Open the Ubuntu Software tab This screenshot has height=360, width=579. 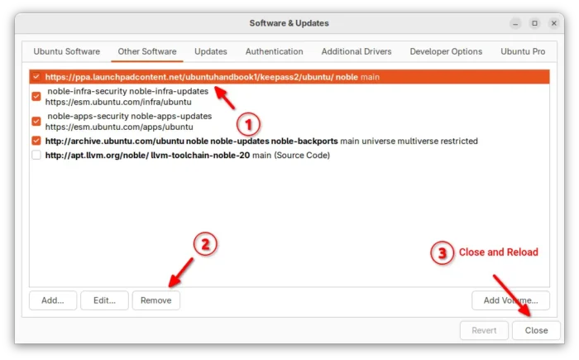pyautogui.click(x=66, y=51)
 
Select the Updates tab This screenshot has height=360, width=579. pyautogui.click(x=210, y=51)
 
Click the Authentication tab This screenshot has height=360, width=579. pyautogui.click(x=274, y=51)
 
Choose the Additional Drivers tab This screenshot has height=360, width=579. pyautogui.click(x=356, y=51)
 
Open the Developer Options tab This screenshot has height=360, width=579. pyautogui.click(x=446, y=51)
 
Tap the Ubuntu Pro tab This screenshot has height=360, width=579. pyautogui.click(x=523, y=51)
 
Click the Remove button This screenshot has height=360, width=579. pyautogui.click(x=156, y=300)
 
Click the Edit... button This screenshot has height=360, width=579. pyautogui.click(x=104, y=300)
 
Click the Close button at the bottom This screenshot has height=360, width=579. pyautogui.click(x=536, y=330)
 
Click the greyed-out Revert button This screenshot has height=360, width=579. pyautogui.click(x=484, y=330)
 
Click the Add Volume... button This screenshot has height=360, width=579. pyautogui.click(x=510, y=300)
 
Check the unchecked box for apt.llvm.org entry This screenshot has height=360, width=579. pyautogui.click(x=36, y=155)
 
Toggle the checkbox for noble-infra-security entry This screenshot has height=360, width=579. pyautogui.click(x=36, y=97)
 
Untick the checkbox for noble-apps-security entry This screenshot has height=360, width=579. pyautogui.click(x=36, y=121)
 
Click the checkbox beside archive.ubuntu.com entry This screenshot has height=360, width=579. pyautogui.click(x=36, y=141)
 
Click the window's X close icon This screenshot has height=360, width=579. pyautogui.click(x=553, y=23)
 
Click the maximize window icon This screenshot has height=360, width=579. pyautogui.click(x=534, y=23)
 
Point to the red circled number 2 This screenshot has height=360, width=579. pyautogui.click(x=205, y=244)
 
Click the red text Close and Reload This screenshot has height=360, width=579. pyautogui.click(x=498, y=252)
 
